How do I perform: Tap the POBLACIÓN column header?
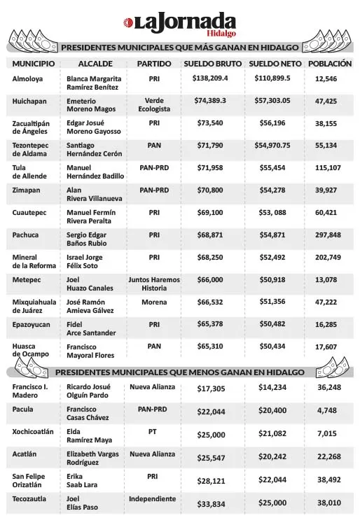pos(329,64)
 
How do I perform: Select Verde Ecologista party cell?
pos(153,106)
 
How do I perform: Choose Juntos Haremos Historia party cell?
pos(153,283)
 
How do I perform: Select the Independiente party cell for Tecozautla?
pos(153,499)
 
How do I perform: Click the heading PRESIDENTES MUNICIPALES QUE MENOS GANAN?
pos(179,370)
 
